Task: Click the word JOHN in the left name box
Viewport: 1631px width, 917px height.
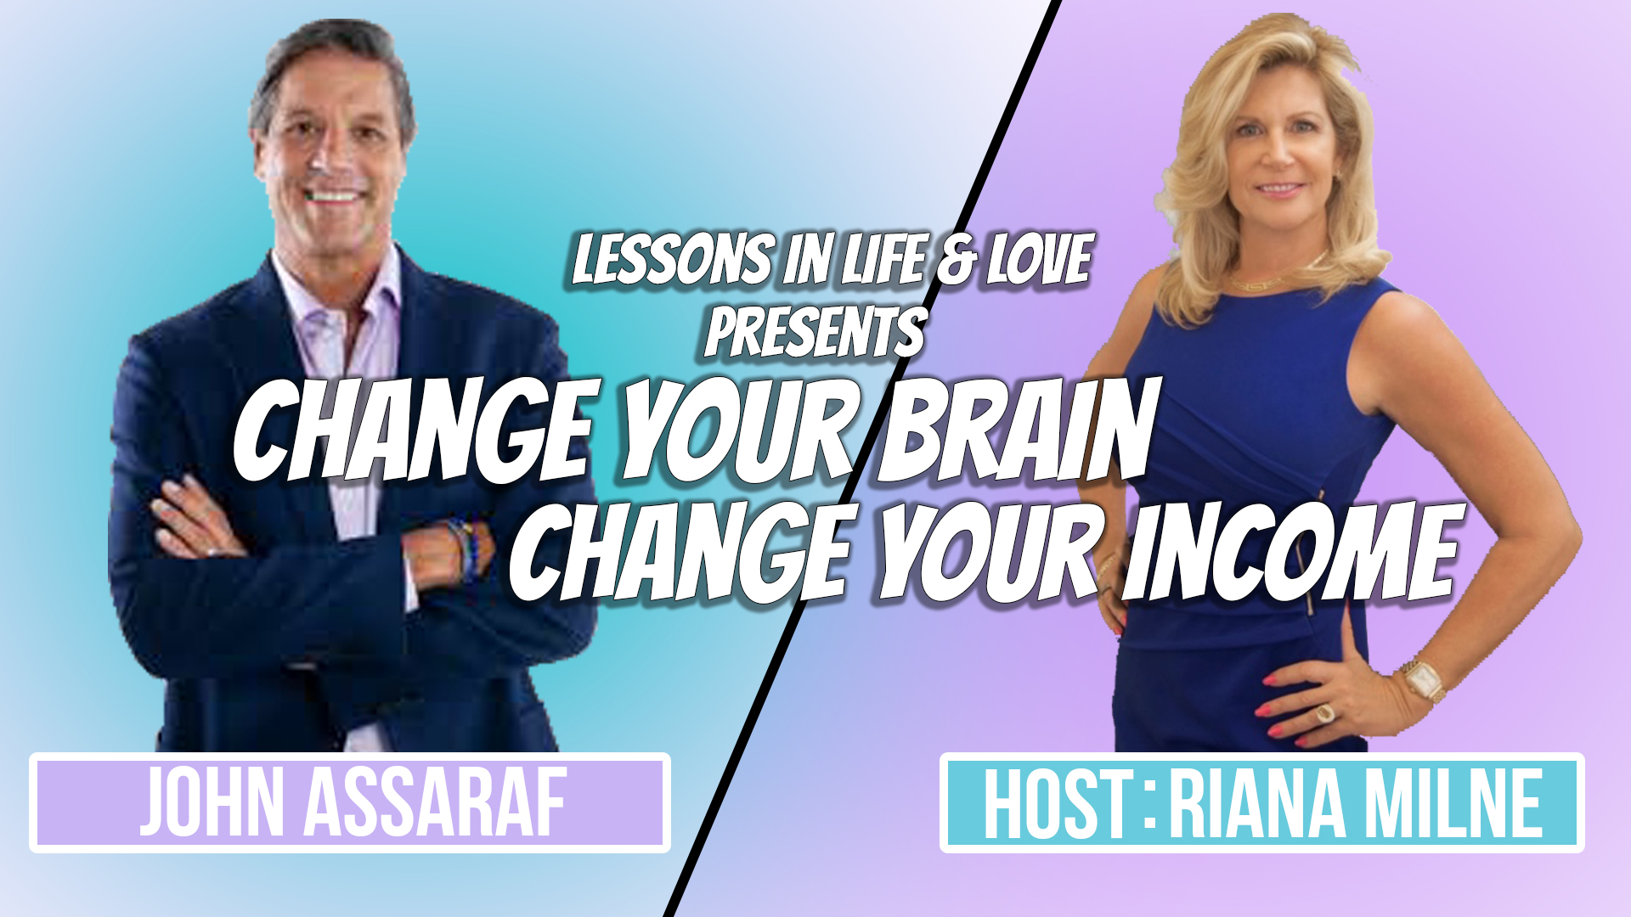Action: point(212,803)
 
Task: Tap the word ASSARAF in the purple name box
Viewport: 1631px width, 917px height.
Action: point(436,803)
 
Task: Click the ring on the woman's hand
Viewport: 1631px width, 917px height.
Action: point(1324,712)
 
